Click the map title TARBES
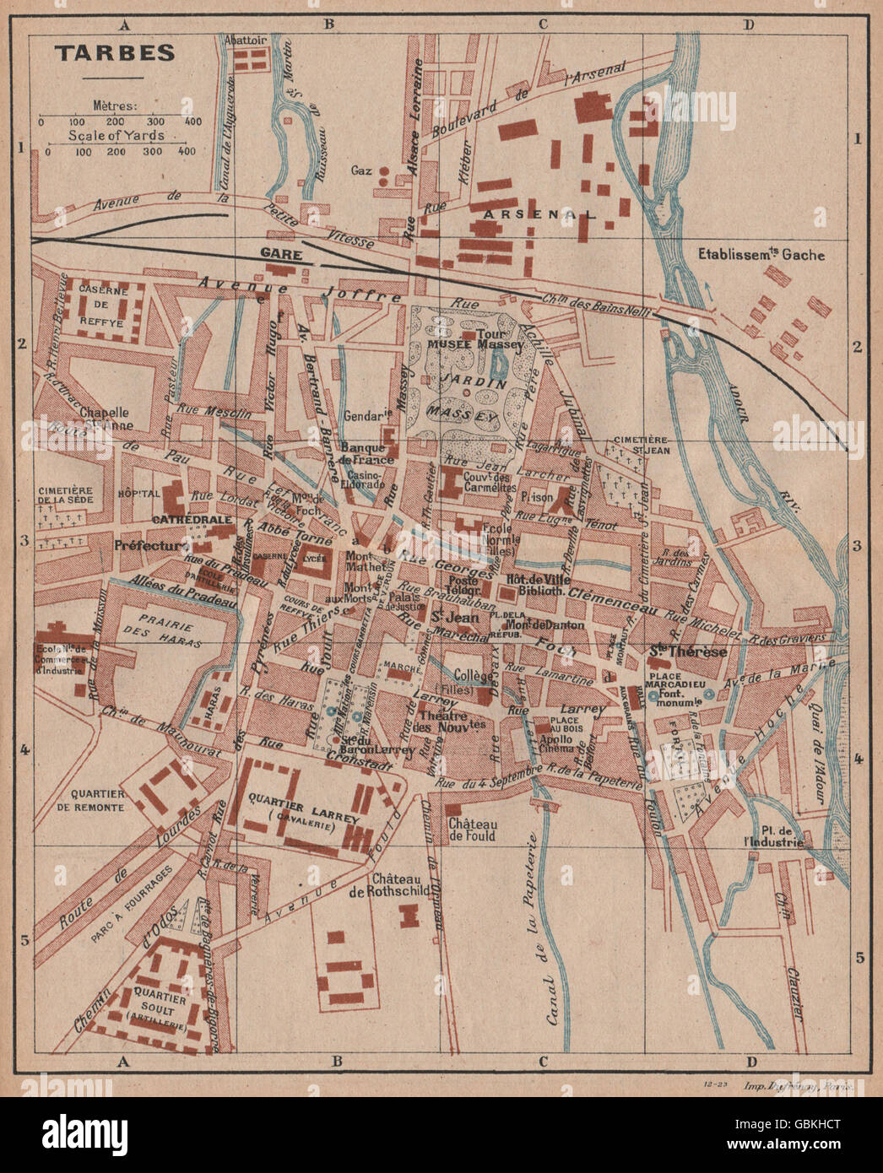point(115,52)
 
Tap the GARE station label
point(275,252)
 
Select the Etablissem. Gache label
point(761,254)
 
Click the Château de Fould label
point(472,830)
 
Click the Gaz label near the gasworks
point(362,170)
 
